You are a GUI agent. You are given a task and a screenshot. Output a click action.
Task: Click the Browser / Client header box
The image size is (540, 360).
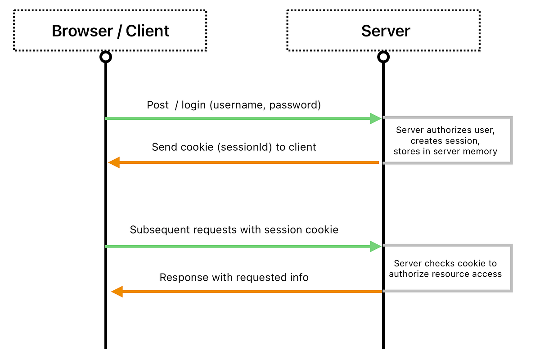click(110, 31)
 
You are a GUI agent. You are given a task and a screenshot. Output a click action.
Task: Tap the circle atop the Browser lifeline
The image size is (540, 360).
click(105, 57)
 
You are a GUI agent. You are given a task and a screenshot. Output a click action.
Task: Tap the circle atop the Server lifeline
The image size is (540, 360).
click(383, 57)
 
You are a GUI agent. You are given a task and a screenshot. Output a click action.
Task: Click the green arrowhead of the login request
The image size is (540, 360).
click(375, 118)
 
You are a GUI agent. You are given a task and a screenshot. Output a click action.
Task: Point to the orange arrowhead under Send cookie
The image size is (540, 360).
click(114, 162)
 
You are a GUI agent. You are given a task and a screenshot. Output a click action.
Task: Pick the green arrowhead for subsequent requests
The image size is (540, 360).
click(375, 246)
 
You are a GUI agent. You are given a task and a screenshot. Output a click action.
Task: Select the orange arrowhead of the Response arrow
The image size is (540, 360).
click(117, 292)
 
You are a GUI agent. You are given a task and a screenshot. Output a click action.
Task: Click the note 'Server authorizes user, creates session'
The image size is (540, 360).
click(445, 140)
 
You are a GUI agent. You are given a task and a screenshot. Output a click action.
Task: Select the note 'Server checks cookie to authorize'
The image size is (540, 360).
click(445, 269)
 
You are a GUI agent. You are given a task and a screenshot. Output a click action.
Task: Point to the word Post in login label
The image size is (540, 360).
click(157, 105)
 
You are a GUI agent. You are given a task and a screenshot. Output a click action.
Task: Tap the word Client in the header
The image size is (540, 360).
click(148, 31)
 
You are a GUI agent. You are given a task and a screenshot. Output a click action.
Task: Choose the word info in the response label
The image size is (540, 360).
click(299, 277)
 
